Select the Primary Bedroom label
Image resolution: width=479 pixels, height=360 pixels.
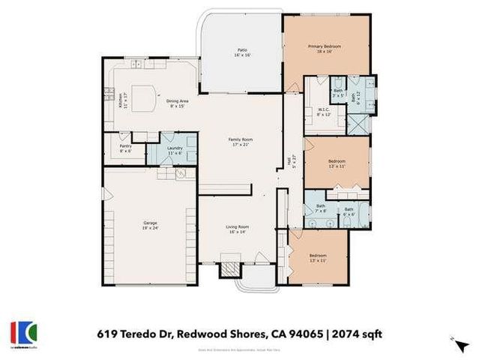click(327, 48)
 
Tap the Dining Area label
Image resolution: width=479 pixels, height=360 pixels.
click(175, 103)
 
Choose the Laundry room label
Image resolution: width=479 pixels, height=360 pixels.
click(175, 150)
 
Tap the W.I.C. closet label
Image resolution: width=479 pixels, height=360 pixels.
click(324, 112)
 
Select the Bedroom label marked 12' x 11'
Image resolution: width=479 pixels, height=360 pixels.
click(337, 163)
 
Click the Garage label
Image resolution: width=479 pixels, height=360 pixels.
click(151, 225)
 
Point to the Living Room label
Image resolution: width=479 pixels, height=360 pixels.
click(238, 229)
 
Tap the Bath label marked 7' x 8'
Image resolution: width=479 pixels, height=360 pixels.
click(321, 208)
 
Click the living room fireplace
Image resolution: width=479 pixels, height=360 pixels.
click(229, 268)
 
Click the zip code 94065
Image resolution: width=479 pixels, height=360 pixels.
click(299, 333)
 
